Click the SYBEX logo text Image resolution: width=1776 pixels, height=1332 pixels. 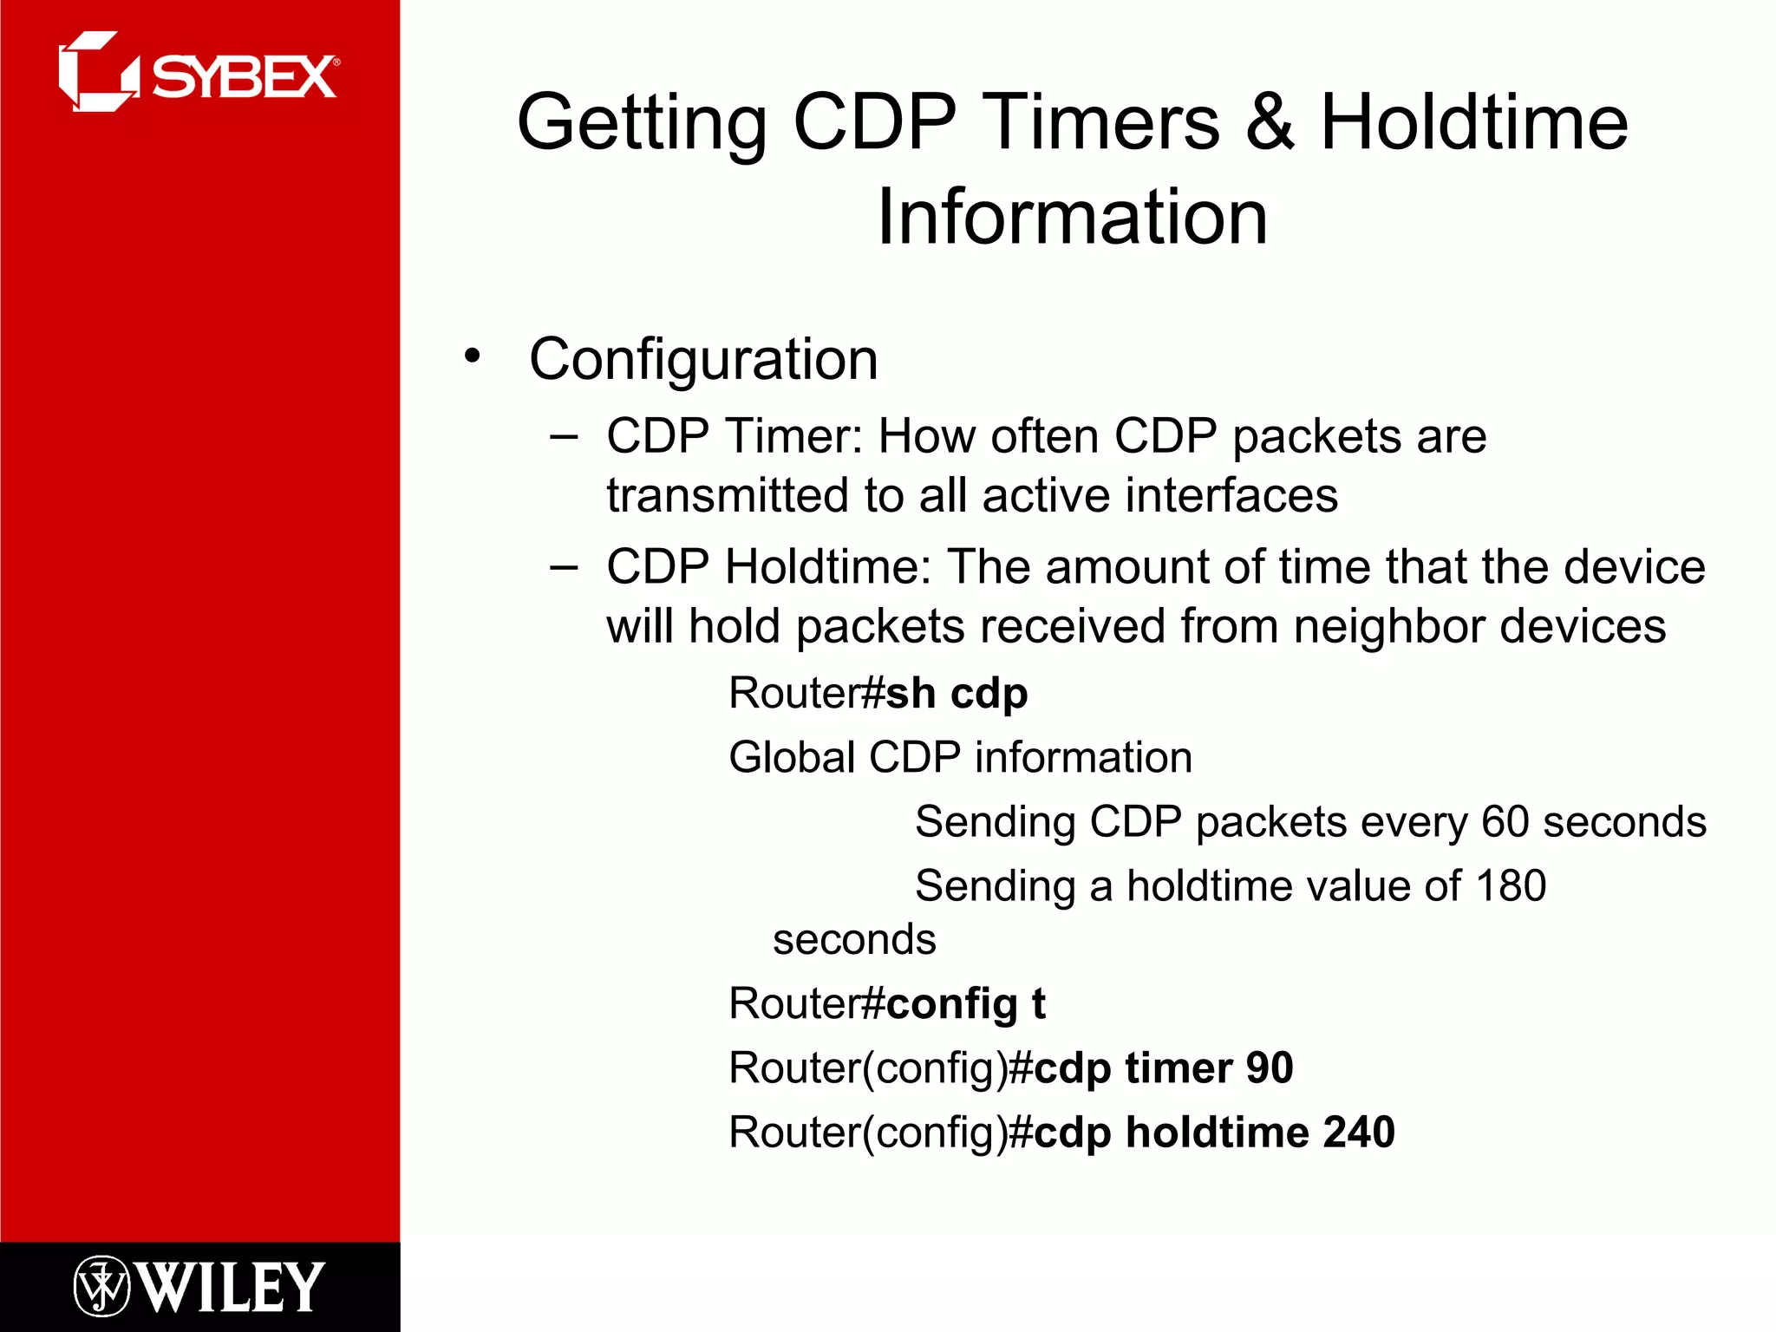coord(245,78)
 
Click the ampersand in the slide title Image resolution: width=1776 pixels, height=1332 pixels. coord(1270,123)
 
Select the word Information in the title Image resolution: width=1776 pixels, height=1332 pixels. coord(1073,217)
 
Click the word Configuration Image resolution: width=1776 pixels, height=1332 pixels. coord(703,359)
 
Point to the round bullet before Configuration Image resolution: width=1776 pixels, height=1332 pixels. coord(472,356)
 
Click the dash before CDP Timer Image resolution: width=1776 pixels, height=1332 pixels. coord(564,437)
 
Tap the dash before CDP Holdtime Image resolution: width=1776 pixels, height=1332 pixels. coord(564,568)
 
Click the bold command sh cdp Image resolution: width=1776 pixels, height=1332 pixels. coord(957,694)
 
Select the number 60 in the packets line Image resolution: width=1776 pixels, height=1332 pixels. coord(1505,821)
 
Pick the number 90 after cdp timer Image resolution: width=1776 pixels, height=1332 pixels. coord(1270,1068)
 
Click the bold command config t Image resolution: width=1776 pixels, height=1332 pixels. coord(965,1004)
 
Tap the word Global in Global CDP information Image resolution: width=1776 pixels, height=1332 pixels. coord(793,757)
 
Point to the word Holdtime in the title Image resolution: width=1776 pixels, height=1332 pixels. coord(1473,123)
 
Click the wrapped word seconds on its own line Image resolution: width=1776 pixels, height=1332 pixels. coord(854,940)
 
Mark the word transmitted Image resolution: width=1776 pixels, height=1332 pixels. coord(728,496)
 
